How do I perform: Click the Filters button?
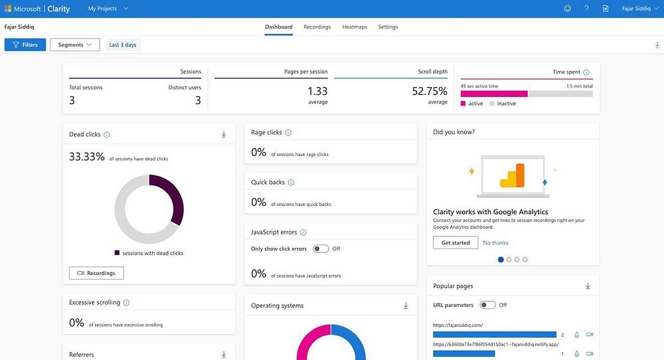click(25, 45)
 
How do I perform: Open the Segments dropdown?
click(74, 45)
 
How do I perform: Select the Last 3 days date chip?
click(123, 45)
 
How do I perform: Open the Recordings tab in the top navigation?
click(317, 27)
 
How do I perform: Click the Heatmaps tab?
click(355, 27)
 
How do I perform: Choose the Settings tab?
click(388, 27)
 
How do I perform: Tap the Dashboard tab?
click(279, 27)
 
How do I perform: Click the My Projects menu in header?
click(108, 9)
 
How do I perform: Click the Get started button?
click(456, 243)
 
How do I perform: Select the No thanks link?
click(495, 243)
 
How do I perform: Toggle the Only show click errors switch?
click(321, 248)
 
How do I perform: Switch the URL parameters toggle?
click(487, 305)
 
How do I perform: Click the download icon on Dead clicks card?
click(224, 134)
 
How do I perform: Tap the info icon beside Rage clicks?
click(288, 133)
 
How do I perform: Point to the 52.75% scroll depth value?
click(430, 91)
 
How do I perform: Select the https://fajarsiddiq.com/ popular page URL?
click(457, 325)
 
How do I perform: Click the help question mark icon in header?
click(586, 9)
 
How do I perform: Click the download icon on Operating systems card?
click(406, 306)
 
